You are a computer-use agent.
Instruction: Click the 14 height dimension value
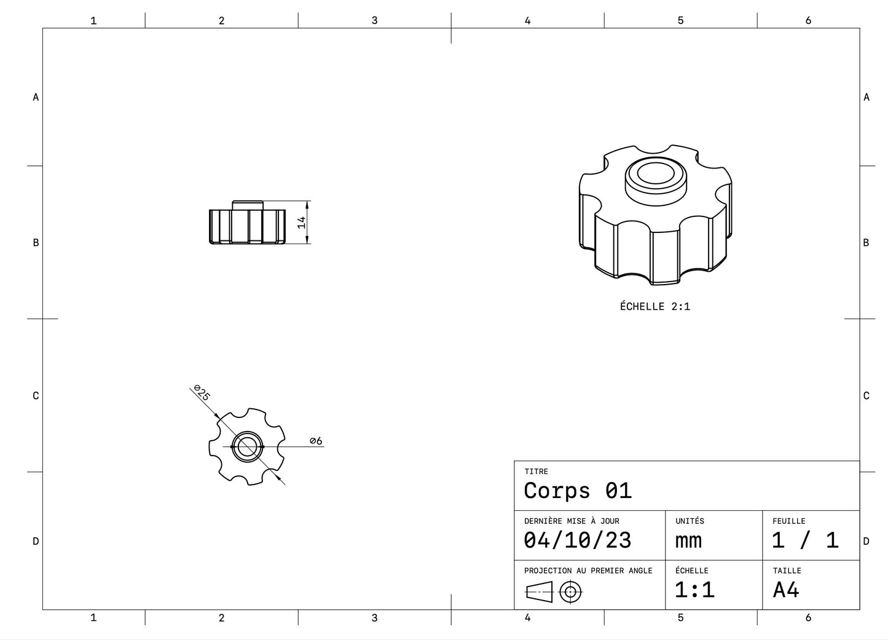click(x=302, y=223)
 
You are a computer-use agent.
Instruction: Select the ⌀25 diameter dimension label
click(x=202, y=392)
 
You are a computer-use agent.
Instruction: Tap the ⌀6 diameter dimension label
click(x=316, y=441)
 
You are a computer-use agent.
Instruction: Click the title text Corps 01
click(x=577, y=491)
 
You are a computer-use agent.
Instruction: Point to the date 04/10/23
click(x=577, y=540)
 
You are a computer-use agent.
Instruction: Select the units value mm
click(x=688, y=540)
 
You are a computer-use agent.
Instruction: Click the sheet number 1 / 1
click(x=805, y=540)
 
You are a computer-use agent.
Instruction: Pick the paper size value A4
click(x=786, y=590)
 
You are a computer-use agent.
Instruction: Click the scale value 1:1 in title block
click(x=694, y=590)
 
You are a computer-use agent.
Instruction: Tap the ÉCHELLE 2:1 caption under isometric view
click(x=655, y=306)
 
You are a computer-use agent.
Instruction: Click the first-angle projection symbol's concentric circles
click(x=571, y=592)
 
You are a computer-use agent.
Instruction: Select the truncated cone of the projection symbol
click(x=539, y=592)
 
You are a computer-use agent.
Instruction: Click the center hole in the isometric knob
click(x=655, y=173)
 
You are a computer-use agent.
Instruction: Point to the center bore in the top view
click(x=248, y=446)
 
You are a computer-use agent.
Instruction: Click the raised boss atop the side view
click(x=248, y=205)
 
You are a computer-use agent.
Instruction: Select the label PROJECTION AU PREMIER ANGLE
click(x=588, y=571)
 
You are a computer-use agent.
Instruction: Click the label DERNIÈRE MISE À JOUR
click(x=572, y=521)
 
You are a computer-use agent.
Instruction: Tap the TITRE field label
click(x=536, y=472)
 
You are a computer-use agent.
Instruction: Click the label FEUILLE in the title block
click(x=788, y=521)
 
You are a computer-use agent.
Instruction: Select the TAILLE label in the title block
click(x=787, y=571)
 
